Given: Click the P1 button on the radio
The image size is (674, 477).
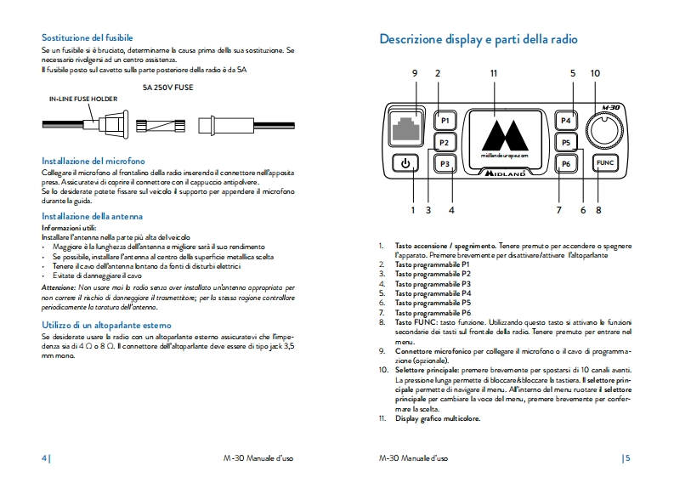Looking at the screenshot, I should pos(445,121).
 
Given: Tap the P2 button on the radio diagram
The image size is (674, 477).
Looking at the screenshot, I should pos(445,142).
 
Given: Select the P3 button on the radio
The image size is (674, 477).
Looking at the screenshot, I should pos(445,163).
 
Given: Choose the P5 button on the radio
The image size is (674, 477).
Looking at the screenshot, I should pos(567,142).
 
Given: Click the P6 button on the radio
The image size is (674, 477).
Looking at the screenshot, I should pos(567,163).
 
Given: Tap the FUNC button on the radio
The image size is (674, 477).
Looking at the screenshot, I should pos(605,162).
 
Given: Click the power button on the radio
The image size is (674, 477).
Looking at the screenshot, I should pos(405,163).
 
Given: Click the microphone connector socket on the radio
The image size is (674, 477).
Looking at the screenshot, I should pos(408,128).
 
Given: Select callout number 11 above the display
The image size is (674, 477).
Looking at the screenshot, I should pos(494,73).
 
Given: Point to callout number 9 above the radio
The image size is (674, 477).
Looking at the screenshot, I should pos(415,73).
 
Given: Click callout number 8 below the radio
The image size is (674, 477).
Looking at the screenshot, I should pos(598,209).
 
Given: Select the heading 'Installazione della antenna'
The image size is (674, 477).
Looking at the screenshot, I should pos(92,216).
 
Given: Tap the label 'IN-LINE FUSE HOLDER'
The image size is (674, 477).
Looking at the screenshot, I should pos(83,99).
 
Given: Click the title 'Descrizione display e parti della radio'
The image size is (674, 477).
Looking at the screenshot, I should pos(479,39).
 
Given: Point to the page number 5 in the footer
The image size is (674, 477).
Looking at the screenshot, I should pos(627,457).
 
